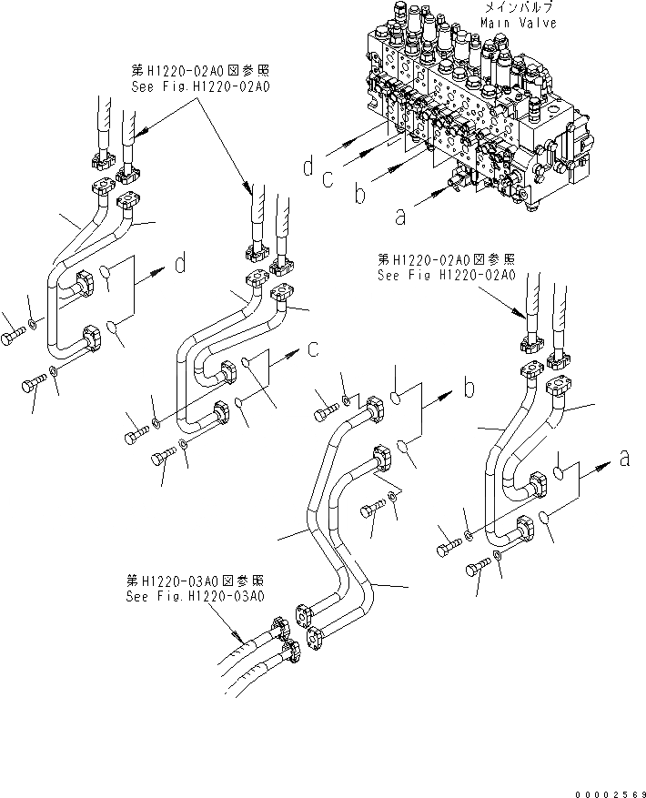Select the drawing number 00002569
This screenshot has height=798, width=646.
(x=604, y=784)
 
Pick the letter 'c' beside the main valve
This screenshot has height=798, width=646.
(x=328, y=179)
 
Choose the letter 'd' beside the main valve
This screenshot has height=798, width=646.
(x=309, y=166)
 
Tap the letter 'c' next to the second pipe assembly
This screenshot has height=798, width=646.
(x=312, y=348)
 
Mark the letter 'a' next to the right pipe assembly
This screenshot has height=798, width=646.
(x=624, y=460)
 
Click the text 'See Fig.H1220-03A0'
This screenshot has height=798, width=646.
(x=196, y=597)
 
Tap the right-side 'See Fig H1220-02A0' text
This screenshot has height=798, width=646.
(x=447, y=274)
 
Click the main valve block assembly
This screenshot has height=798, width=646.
(x=473, y=109)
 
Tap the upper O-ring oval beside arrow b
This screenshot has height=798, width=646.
(x=399, y=397)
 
